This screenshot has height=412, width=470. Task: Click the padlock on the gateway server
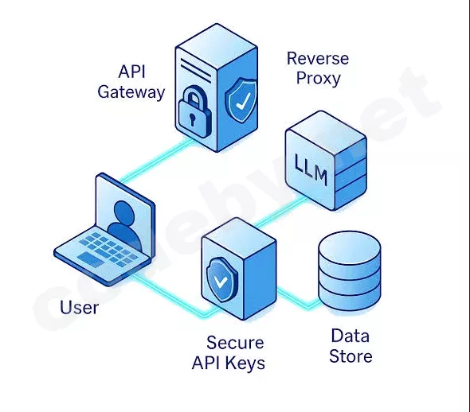click(x=194, y=111)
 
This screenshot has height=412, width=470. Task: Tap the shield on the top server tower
click(x=241, y=100)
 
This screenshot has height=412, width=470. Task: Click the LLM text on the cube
click(x=310, y=170)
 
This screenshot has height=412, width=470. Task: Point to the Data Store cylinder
click(x=350, y=272)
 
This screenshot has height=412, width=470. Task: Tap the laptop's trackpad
click(x=91, y=259)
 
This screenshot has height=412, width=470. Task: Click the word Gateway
click(x=131, y=92)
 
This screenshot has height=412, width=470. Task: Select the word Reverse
click(x=318, y=58)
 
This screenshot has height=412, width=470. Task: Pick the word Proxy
click(x=319, y=79)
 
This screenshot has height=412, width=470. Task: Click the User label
click(x=79, y=307)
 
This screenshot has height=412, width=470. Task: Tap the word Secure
click(x=235, y=343)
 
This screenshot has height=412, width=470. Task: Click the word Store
click(x=351, y=356)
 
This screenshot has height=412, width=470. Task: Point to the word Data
click(x=350, y=336)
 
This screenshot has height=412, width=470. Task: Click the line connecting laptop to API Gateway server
click(x=156, y=160)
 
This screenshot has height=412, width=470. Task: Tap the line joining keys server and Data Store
click(x=298, y=297)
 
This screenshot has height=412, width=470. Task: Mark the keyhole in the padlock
click(x=192, y=119)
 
